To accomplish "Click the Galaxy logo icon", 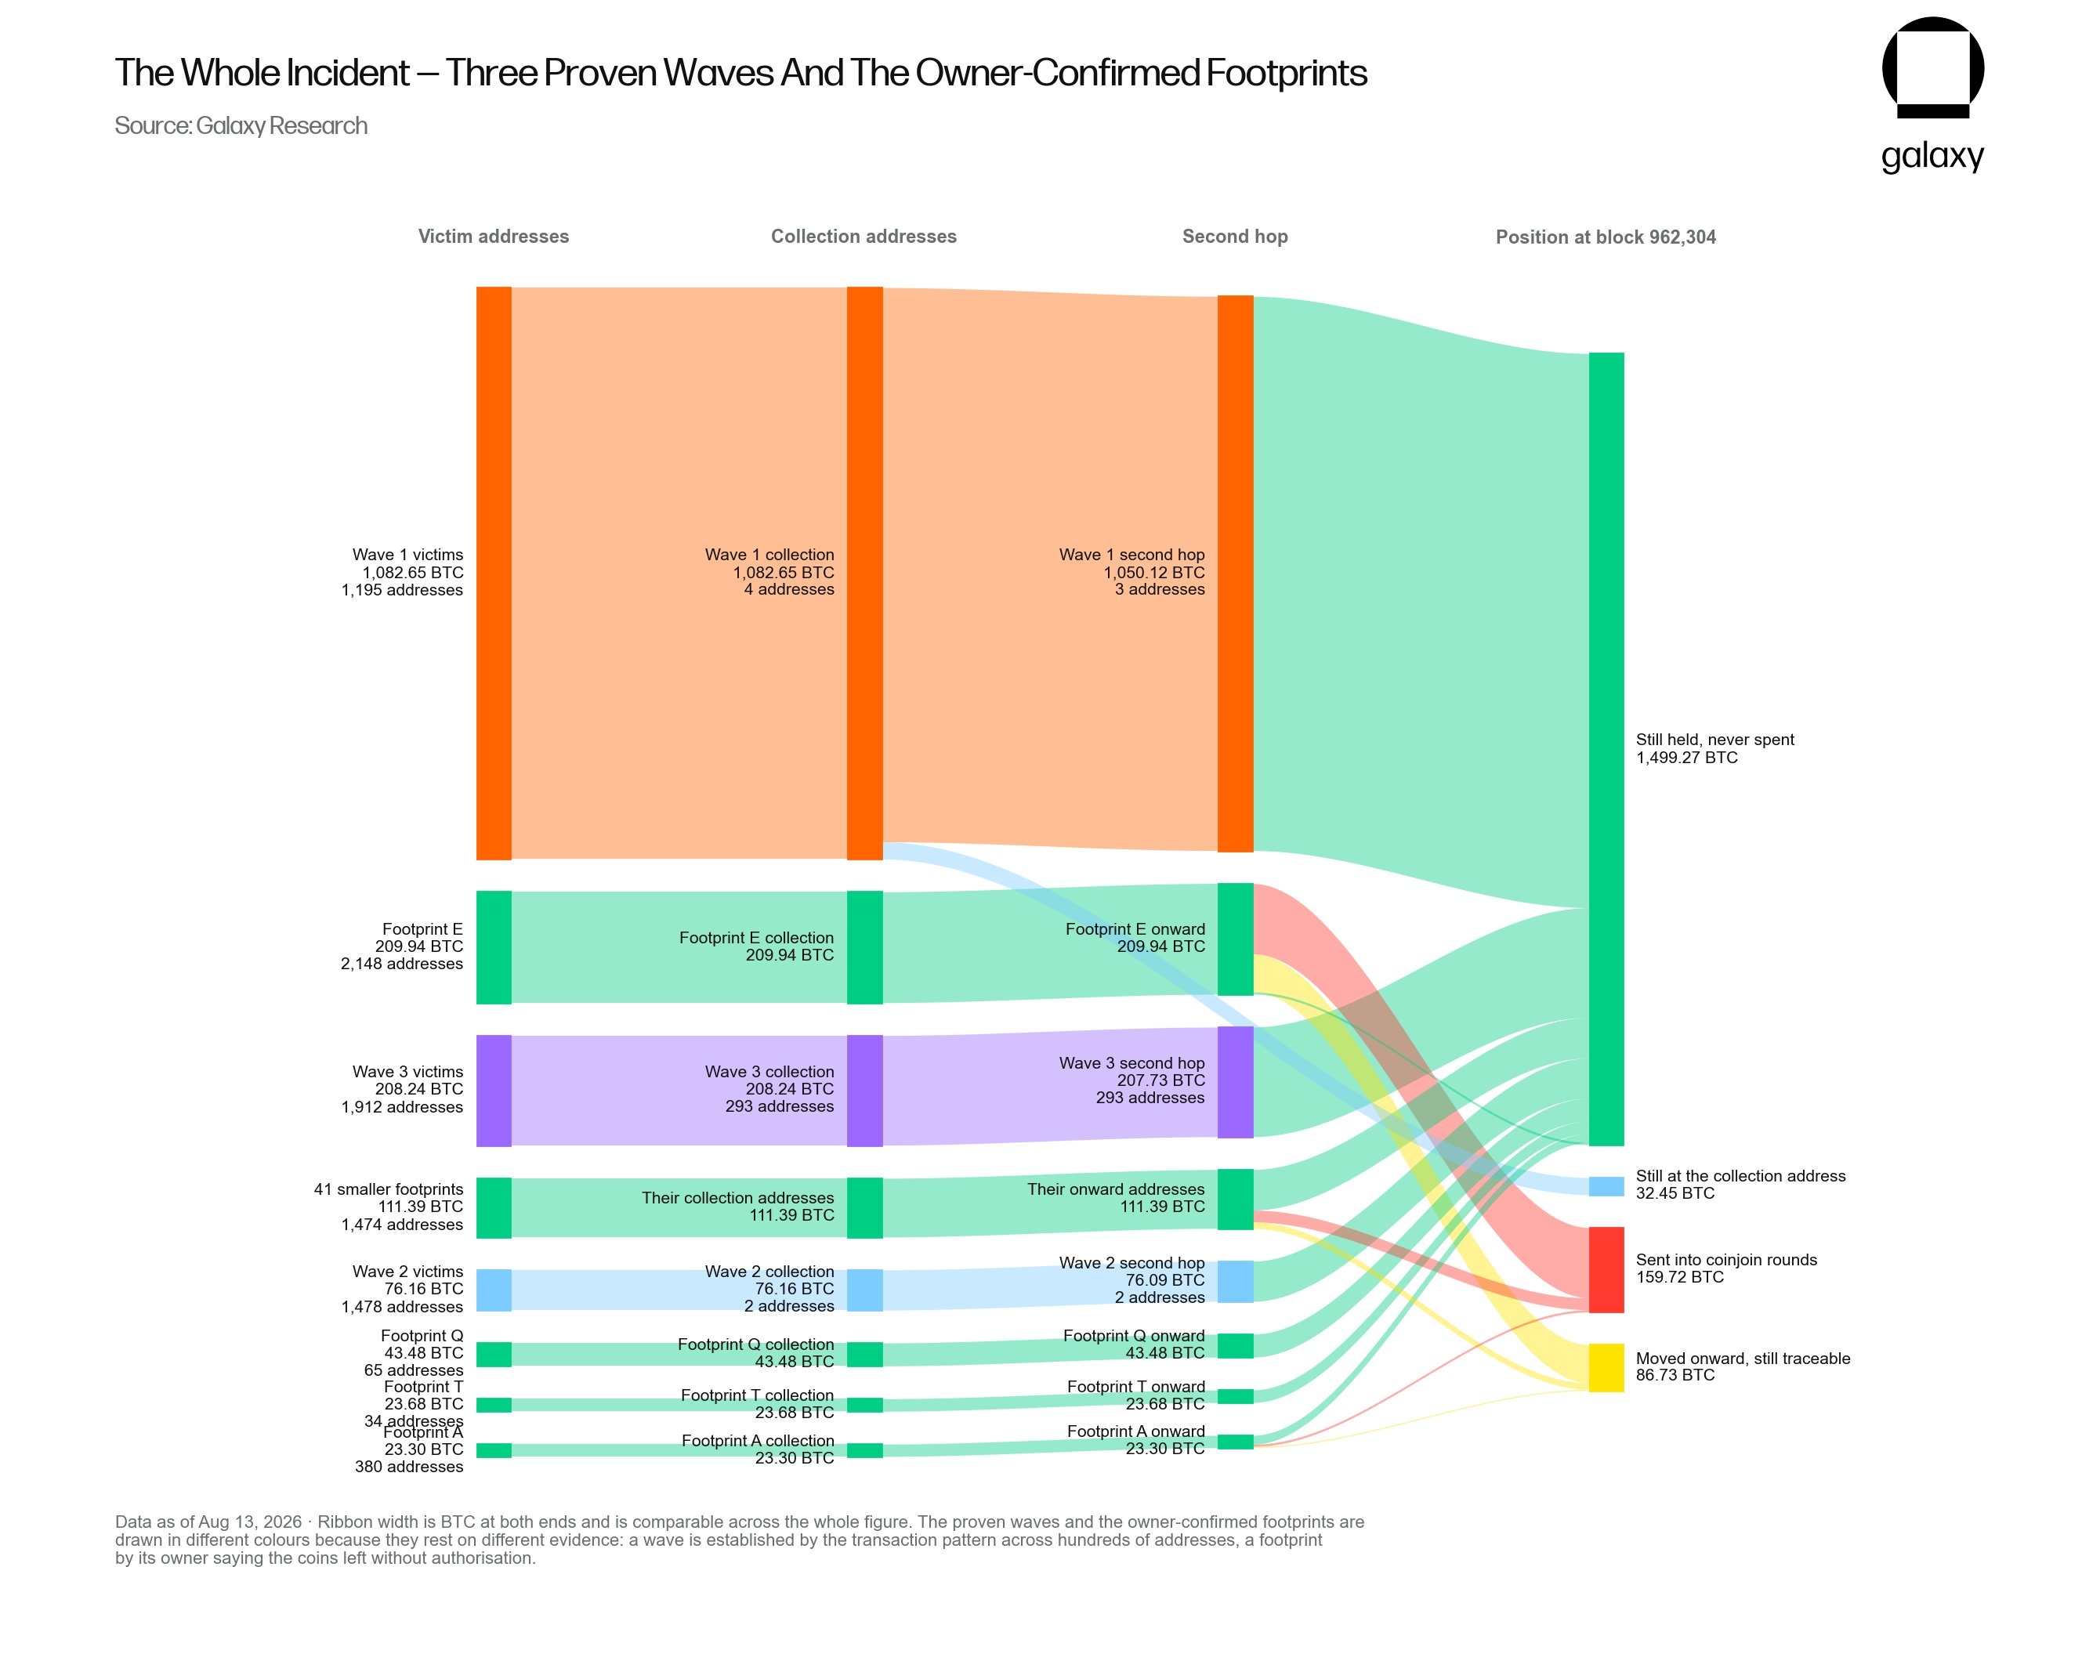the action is [x=1932, y=67].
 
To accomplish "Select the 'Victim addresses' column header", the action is [x=493, y=237].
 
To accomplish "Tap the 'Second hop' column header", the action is [x=1234, y=237].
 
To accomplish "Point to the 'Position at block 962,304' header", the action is [x=1605, y=237].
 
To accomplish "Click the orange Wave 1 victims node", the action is [x=493, y=573].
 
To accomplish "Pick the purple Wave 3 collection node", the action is [x=865, y=1090].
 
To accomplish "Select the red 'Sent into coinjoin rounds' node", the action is [x=1606, y=1269].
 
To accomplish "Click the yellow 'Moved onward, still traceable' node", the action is [x=1606, y=1367].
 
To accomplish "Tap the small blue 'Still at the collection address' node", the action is [x=1606, y=1185].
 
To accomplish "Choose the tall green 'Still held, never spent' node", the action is [x=1606, y=749].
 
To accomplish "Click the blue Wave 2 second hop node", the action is [x=1235, y=1281].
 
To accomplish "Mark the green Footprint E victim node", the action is [x=493, y=947].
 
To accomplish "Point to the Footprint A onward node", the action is [x=1235, y=1441].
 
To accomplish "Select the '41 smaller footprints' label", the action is [x=388, y=1189].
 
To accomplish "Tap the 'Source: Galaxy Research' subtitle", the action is [x=241, y=125].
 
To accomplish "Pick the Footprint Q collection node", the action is [x=865, y=1354].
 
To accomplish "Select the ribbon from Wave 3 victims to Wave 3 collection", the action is [x=679, y=1090].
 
